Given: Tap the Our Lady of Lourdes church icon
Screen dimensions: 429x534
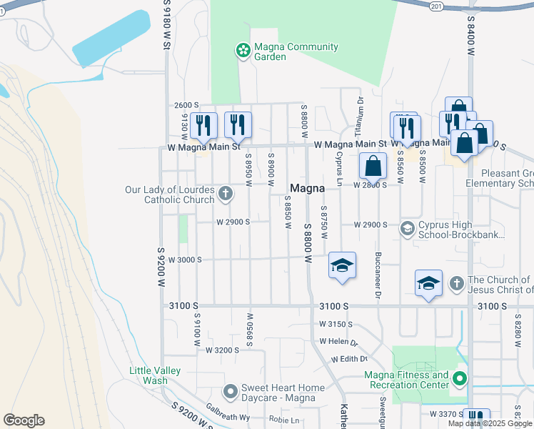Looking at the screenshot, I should click(225, 192).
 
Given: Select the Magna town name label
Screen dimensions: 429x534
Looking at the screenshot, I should click(308, 188).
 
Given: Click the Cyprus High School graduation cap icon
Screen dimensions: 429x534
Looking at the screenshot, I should click(408, 229).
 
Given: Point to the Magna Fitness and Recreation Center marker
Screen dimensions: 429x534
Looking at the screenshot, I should click(460, 378).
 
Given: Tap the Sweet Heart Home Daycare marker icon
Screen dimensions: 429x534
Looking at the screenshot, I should click(230, 391).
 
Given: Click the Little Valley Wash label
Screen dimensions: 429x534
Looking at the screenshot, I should click(155, 375).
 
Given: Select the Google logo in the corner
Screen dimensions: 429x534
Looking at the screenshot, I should click(24, 420).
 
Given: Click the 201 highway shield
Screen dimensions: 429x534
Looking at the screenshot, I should click(436, 6).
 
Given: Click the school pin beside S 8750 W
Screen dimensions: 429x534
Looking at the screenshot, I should click(342, 266).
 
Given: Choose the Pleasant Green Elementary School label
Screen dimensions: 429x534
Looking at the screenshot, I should click(507, 178).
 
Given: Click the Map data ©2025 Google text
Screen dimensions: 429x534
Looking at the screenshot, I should click(489, 423).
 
